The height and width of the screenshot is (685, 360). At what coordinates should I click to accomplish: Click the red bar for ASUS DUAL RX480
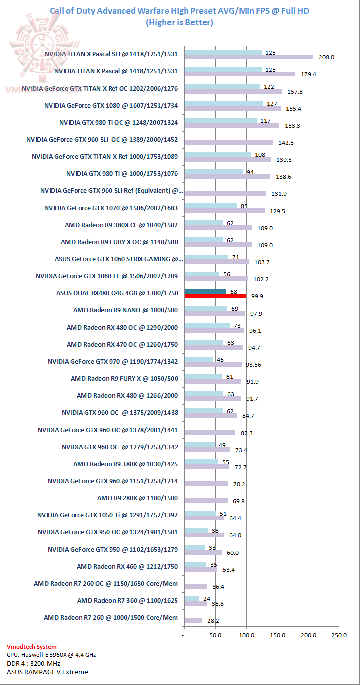[x=215, y=296]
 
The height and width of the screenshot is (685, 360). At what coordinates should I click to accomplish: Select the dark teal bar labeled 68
[x=205, y=291]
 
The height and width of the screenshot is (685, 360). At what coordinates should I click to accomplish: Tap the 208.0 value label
[x=326, y=57]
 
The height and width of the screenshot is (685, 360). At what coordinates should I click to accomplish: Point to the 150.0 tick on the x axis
[x=277, y=635]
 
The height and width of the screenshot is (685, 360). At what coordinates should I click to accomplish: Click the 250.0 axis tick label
[x=339, y=635]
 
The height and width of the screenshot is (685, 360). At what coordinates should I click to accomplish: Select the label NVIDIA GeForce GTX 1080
[x=111, y=105]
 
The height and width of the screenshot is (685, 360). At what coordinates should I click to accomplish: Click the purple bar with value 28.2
[x=193, y=620]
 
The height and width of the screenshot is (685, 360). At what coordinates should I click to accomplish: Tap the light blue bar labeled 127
[x=223, y=103]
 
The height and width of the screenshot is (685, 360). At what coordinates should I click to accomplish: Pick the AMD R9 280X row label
[x=137, y=498]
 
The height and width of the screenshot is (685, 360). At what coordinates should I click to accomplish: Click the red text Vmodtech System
[x=32, y=647]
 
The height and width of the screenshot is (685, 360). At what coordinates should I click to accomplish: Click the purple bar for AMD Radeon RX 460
[x=201, y=569]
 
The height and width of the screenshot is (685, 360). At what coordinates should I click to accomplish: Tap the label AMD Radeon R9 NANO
[x=125, y=310]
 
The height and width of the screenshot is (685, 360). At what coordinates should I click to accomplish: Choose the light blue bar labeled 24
[x=192, y=598]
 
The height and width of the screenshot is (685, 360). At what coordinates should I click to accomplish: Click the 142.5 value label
[x=285, y=143]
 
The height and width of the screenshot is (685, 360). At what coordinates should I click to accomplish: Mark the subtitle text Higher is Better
[x=179, y=22]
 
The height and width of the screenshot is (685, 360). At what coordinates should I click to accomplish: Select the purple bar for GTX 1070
[x=224, y=211]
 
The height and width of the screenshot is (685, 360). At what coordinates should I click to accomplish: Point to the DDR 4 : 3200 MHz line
[x=34, y=663]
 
